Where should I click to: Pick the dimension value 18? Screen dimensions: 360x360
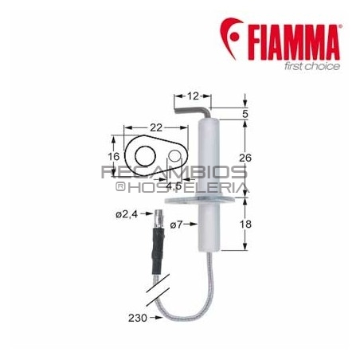[x=246, y=226]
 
